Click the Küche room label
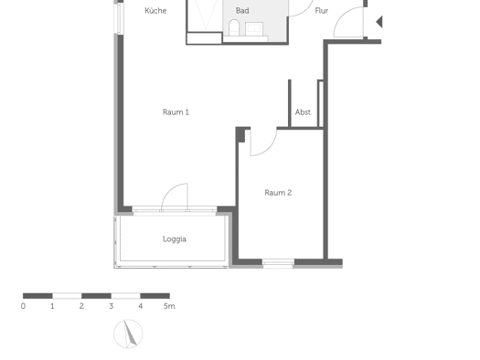[155, 11]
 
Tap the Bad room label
[242, 11]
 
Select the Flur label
[322, 11]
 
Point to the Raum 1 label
[176, 112]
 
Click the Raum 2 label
[278, 193]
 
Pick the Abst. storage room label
[304, 112]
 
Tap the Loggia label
[175, 238]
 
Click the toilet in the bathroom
[234, 26]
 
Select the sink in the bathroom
[254, 28]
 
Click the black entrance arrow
[379, 22]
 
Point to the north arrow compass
[128, 334]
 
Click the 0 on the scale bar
[23, 306]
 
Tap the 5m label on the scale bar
[169, 306]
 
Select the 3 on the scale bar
[112, 306]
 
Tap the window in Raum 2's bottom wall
[278, 263]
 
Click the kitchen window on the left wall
[120, 17]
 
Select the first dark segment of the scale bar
[37, 296]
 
